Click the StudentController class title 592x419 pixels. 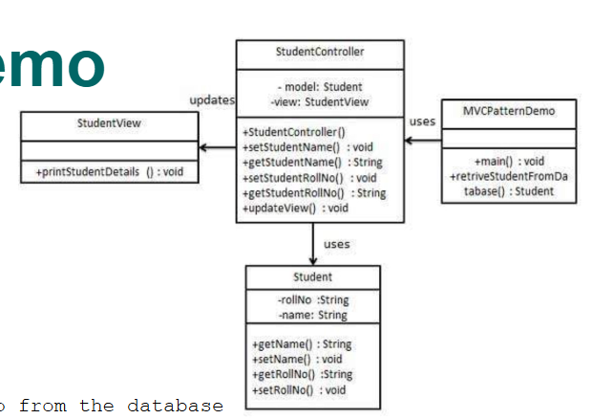(319, 51)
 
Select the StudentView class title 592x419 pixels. (109, 123)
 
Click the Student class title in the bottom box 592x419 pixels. (313, 276)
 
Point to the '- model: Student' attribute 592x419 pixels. (320, 87)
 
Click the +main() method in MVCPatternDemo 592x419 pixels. (509, 161)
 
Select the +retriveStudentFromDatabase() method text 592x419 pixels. (507, 184)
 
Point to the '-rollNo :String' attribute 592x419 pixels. (313, 299)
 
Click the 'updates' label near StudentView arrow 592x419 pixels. (211, 99)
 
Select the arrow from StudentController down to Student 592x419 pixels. (312, 244)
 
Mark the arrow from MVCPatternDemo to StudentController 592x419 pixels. (423, 141)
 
